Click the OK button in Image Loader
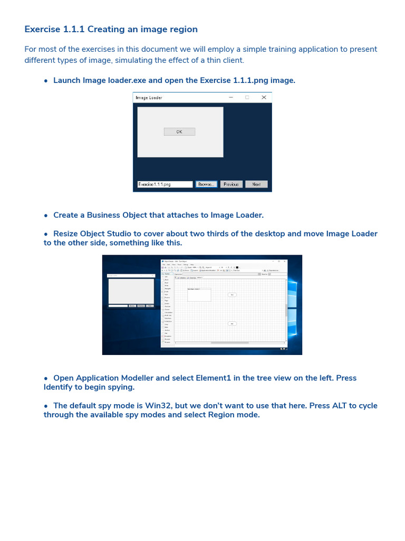click(179, 132)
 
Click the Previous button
click(231, 184)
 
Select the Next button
click(256, 184)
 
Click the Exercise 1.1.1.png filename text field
click(165, 184)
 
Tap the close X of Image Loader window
click(264, 97)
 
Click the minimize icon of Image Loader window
click(230, 97)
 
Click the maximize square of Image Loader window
click(247, 97)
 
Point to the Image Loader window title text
click(149, 98)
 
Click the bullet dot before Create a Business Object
click(46, 216)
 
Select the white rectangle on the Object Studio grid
click(199, 295)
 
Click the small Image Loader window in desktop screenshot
click(131, 291)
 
